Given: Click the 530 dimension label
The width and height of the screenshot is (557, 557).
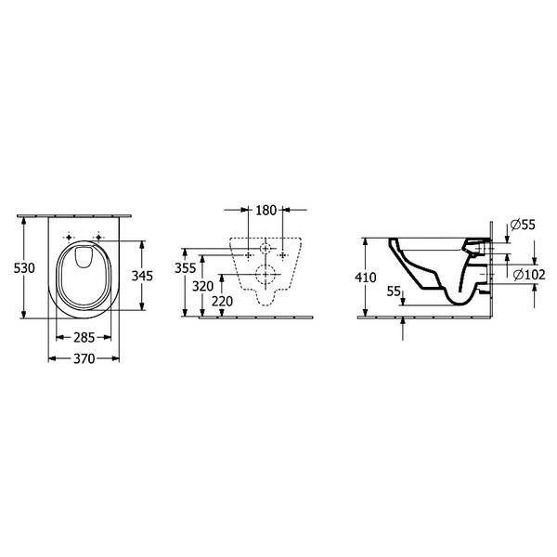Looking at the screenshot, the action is (x=24, y=268).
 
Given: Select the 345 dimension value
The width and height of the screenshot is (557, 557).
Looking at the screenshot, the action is (x=142, y=276).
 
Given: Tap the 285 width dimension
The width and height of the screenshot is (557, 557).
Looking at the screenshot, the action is (x=84, y=338).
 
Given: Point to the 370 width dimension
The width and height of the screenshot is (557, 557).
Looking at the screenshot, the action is (x=84, y=358).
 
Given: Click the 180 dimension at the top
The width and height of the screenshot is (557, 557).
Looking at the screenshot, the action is (x=266, y=211).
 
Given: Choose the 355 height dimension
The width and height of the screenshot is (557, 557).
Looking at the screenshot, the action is (x=185, y=268).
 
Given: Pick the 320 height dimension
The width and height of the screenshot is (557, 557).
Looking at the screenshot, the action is (x=202, y=286).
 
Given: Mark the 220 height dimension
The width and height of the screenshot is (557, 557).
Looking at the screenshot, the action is (x=223, y=302).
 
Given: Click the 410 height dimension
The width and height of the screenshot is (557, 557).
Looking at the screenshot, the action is (x=366, y=278).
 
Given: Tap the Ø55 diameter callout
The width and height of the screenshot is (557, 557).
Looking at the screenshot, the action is (x=523, y=225).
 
